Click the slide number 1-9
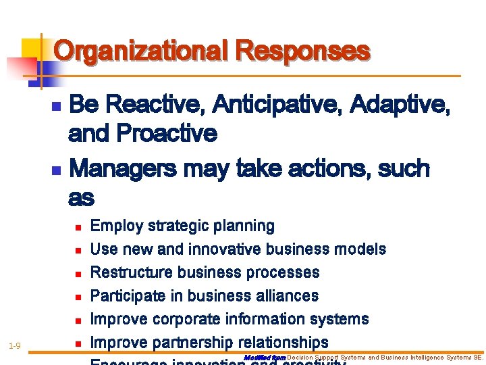[x=14, y=346]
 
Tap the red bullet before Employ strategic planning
[x=78, y=226]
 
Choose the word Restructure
[x=128, y=272]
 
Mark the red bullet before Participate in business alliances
[x=78, y=297]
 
